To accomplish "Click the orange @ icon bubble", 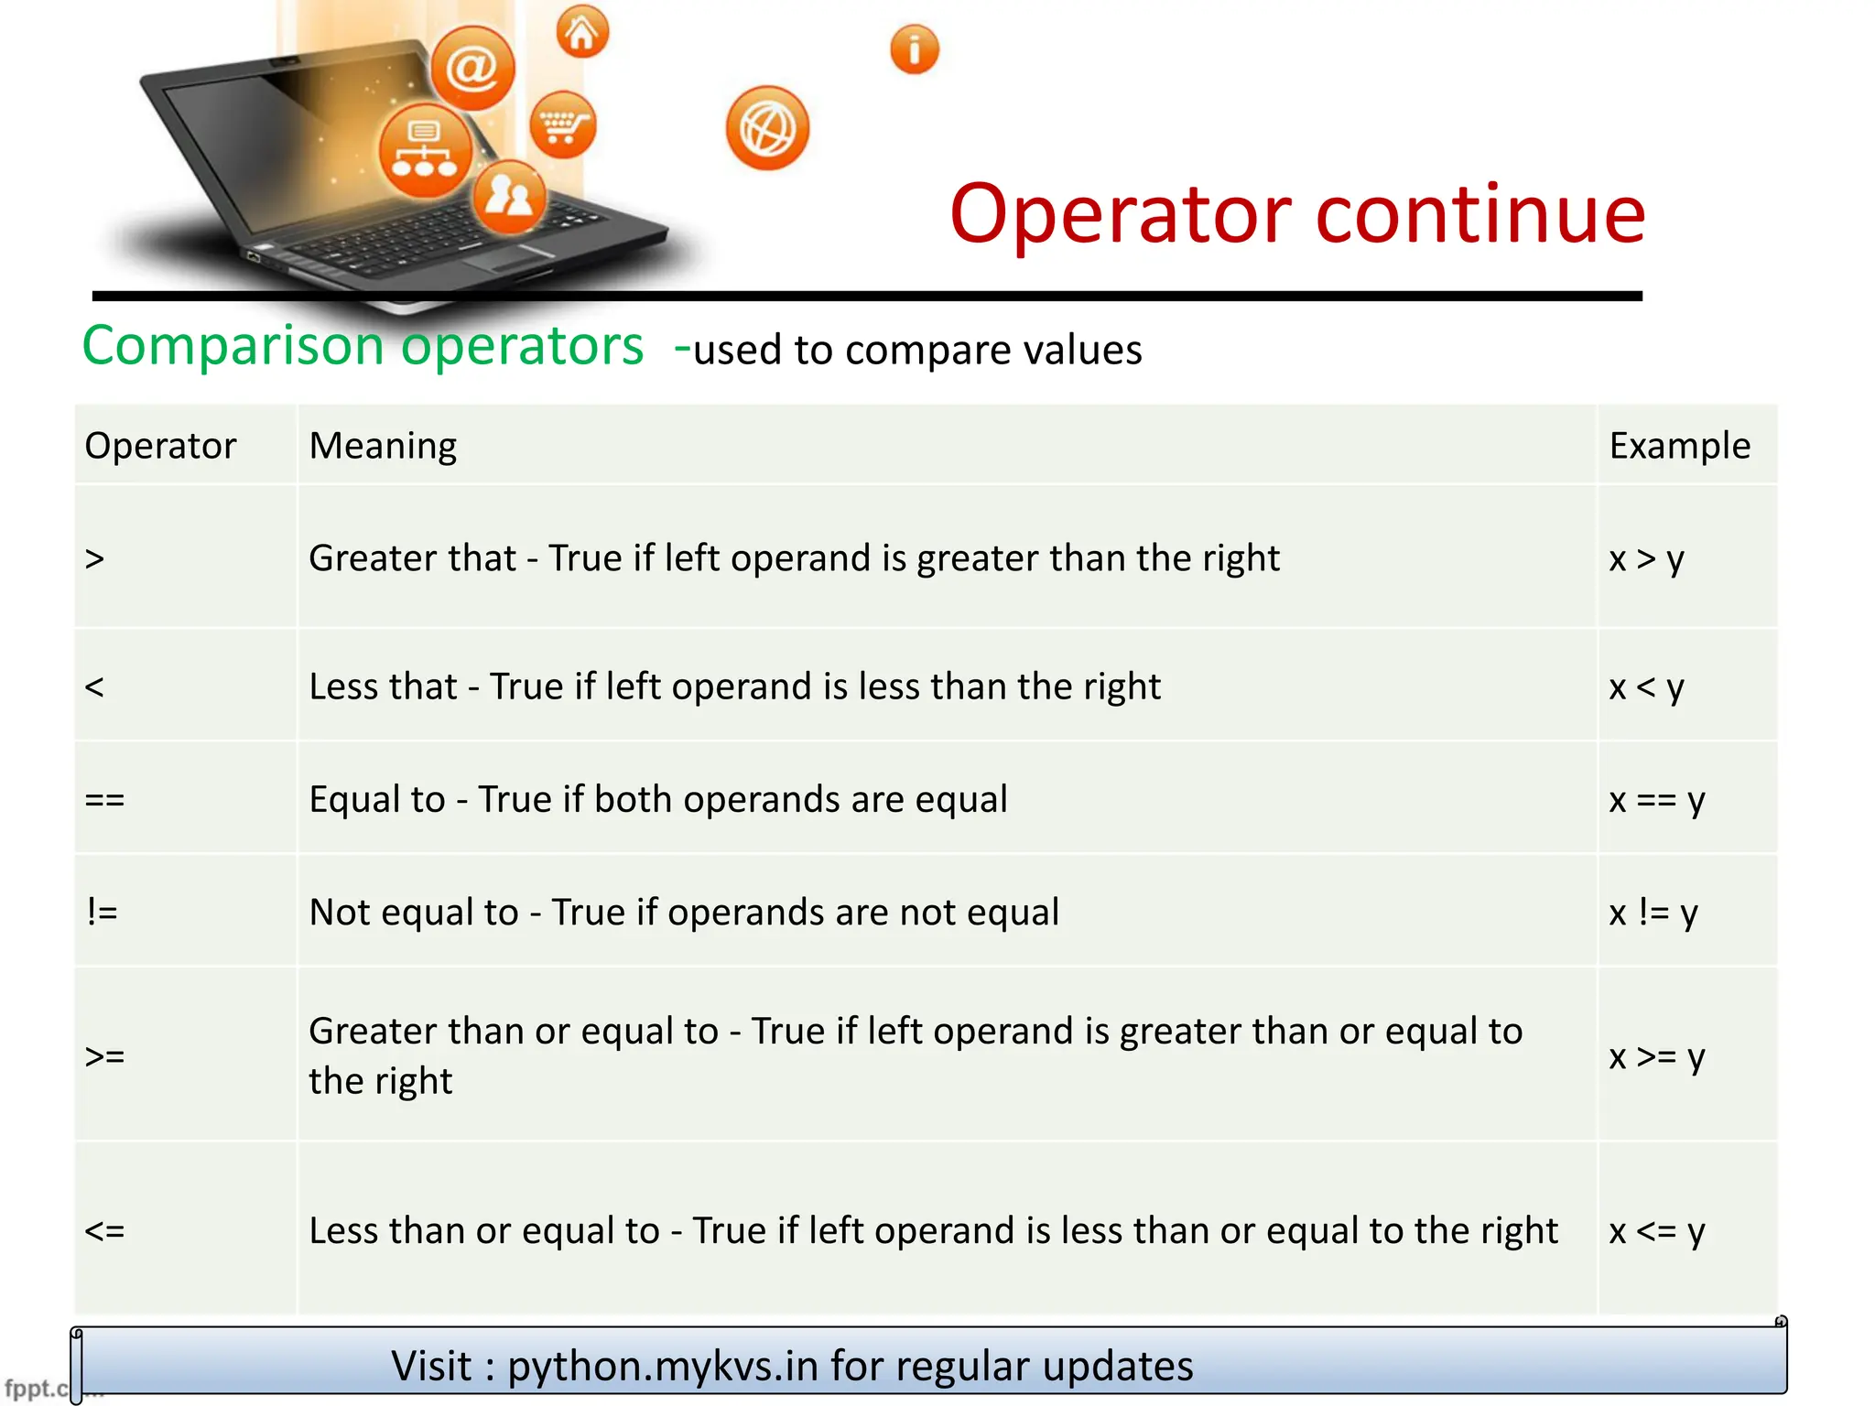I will (472, 69).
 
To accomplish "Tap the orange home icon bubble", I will (582, 32).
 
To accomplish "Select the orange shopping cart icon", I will (562, 124).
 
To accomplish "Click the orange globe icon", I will (767, 128).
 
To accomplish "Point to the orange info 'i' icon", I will (914, 49).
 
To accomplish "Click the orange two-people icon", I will (509, 196).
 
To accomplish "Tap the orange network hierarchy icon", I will (425, 151).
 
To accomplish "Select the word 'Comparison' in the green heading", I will (233, 346).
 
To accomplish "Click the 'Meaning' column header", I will (383, 446).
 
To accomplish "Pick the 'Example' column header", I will (1679, 446).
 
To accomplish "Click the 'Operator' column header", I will (160, 446).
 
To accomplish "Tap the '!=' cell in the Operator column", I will (103, 912).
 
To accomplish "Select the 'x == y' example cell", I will (1656, 799).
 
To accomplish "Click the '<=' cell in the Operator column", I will (104, 1230).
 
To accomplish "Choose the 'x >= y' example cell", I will (1656, 1056).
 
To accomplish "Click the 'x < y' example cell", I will (1646, 687).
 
